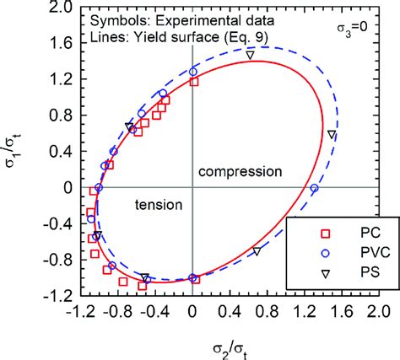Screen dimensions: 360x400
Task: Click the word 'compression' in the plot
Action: point(240,171)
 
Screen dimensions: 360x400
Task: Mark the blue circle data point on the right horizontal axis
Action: point(314,189)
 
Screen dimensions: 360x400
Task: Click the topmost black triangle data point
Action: point(250,55)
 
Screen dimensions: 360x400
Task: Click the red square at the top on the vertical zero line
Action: point(194,82)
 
